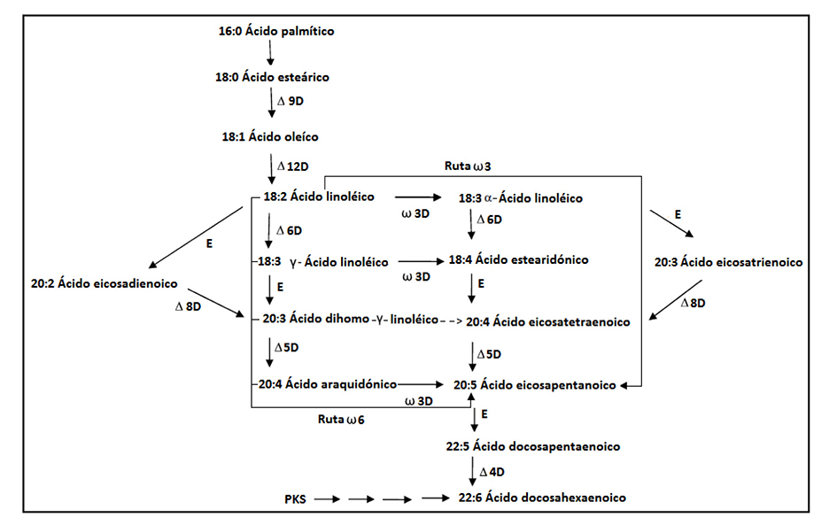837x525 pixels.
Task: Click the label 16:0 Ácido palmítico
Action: tap(275, 32)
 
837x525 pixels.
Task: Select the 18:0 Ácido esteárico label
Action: tap(272, 77)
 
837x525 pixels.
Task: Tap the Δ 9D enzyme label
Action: tap(291, 101)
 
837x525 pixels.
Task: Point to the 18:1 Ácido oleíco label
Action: tap(270, 136)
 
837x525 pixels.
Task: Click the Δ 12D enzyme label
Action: tap(293, 166)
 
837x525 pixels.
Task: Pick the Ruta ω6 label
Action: tap(341, 419)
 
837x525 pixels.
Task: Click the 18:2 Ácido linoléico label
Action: tap(319, 196)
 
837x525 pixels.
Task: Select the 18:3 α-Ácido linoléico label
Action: tap(520, 197)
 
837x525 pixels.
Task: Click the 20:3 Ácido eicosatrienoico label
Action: tap(728, 263)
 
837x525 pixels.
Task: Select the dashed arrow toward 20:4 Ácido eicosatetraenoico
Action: tap(451, 321)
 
